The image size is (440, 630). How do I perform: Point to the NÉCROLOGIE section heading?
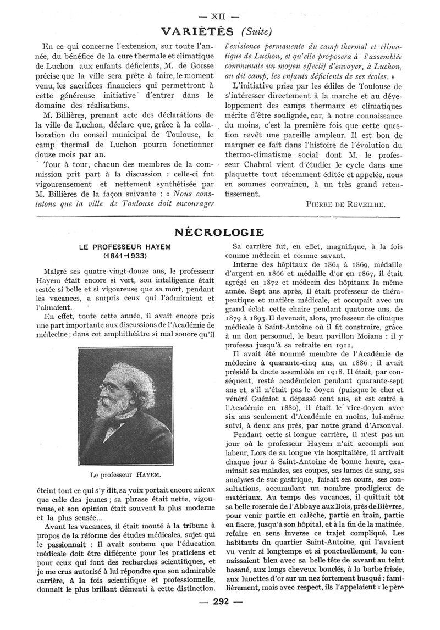(x=219, y=232)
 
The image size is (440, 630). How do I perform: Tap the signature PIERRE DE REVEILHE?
(x=345, y=203)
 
